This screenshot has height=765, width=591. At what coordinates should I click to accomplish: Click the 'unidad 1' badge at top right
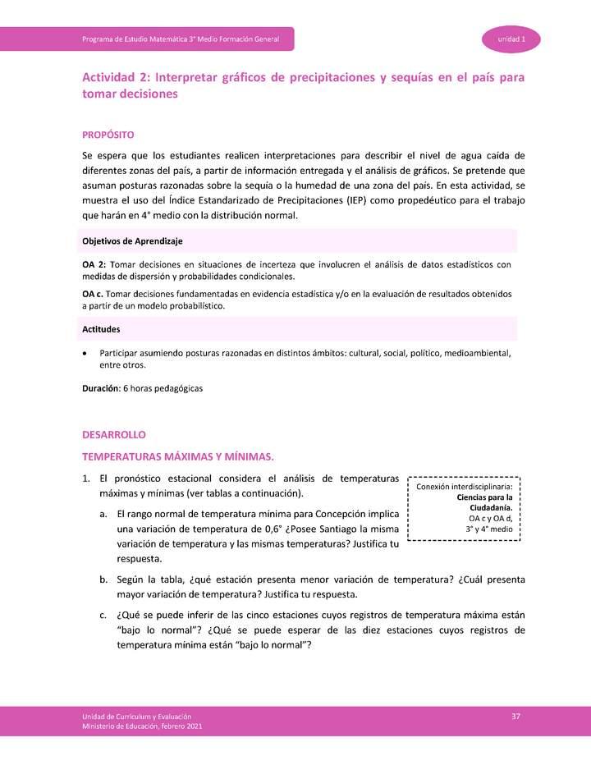click(x=511, y=39)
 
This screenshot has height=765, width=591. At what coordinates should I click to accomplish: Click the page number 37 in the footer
click(x=515, y=717)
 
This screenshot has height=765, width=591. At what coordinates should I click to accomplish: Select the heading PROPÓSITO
click(x=108, y=134)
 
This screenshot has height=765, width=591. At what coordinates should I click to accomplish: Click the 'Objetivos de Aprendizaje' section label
click(x=132, y=241)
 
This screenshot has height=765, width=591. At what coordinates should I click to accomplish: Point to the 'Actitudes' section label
click(x=102, y=329)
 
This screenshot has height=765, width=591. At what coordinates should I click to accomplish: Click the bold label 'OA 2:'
click(x=94, y=264)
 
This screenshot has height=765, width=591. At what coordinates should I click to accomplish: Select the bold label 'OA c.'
click(x=94, y=294)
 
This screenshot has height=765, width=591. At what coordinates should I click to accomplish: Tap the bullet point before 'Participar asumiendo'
click(x=85, y=353)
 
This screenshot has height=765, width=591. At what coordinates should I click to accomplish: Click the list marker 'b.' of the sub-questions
click(x=103, y=579)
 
